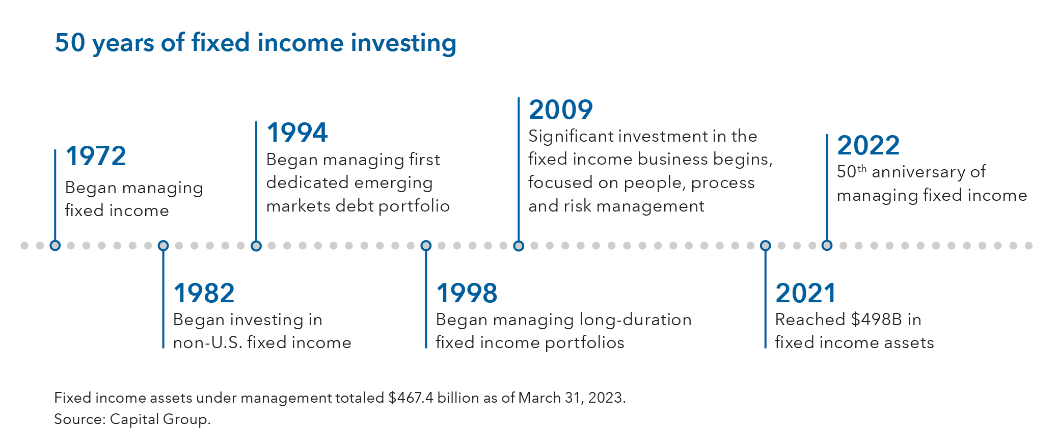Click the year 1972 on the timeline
96,156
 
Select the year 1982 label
204,293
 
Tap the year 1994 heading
297,133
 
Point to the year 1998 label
467,293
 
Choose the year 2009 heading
561,110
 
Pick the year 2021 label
805,293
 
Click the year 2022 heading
869,145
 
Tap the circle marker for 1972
55,246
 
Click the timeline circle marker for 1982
163,246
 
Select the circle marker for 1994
256,246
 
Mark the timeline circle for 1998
426,246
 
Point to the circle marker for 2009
519,246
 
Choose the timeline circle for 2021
765,246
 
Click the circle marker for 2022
827,246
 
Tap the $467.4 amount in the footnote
411,398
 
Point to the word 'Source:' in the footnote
80,419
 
